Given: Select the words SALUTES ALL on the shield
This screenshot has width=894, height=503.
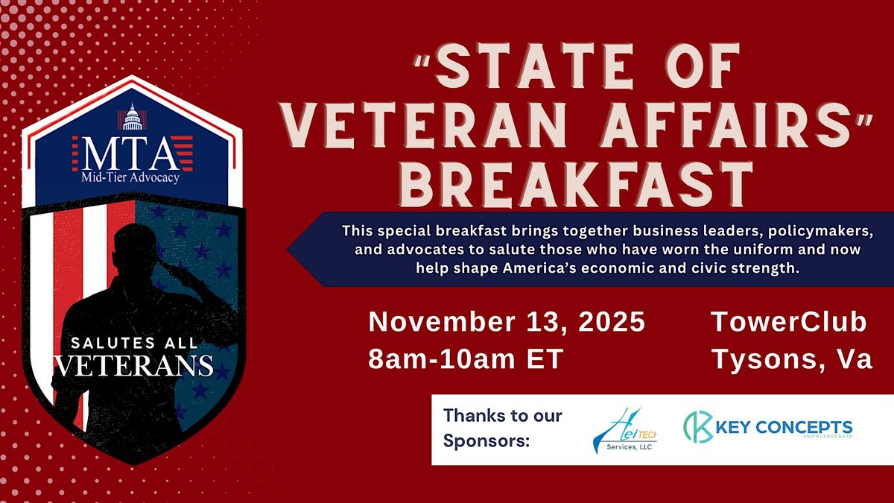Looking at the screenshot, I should point(133,344).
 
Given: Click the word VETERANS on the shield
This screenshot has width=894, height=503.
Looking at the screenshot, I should point(133,366).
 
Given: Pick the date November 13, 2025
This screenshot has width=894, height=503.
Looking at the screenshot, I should point(507,323).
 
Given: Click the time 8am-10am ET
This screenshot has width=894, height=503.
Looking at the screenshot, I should point(465,359).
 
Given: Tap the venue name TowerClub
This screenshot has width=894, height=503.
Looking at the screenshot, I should point(789,323).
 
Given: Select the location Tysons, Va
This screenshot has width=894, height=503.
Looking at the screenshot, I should point(792,359).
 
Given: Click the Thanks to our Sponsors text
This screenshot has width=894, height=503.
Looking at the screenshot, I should point(502,428).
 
